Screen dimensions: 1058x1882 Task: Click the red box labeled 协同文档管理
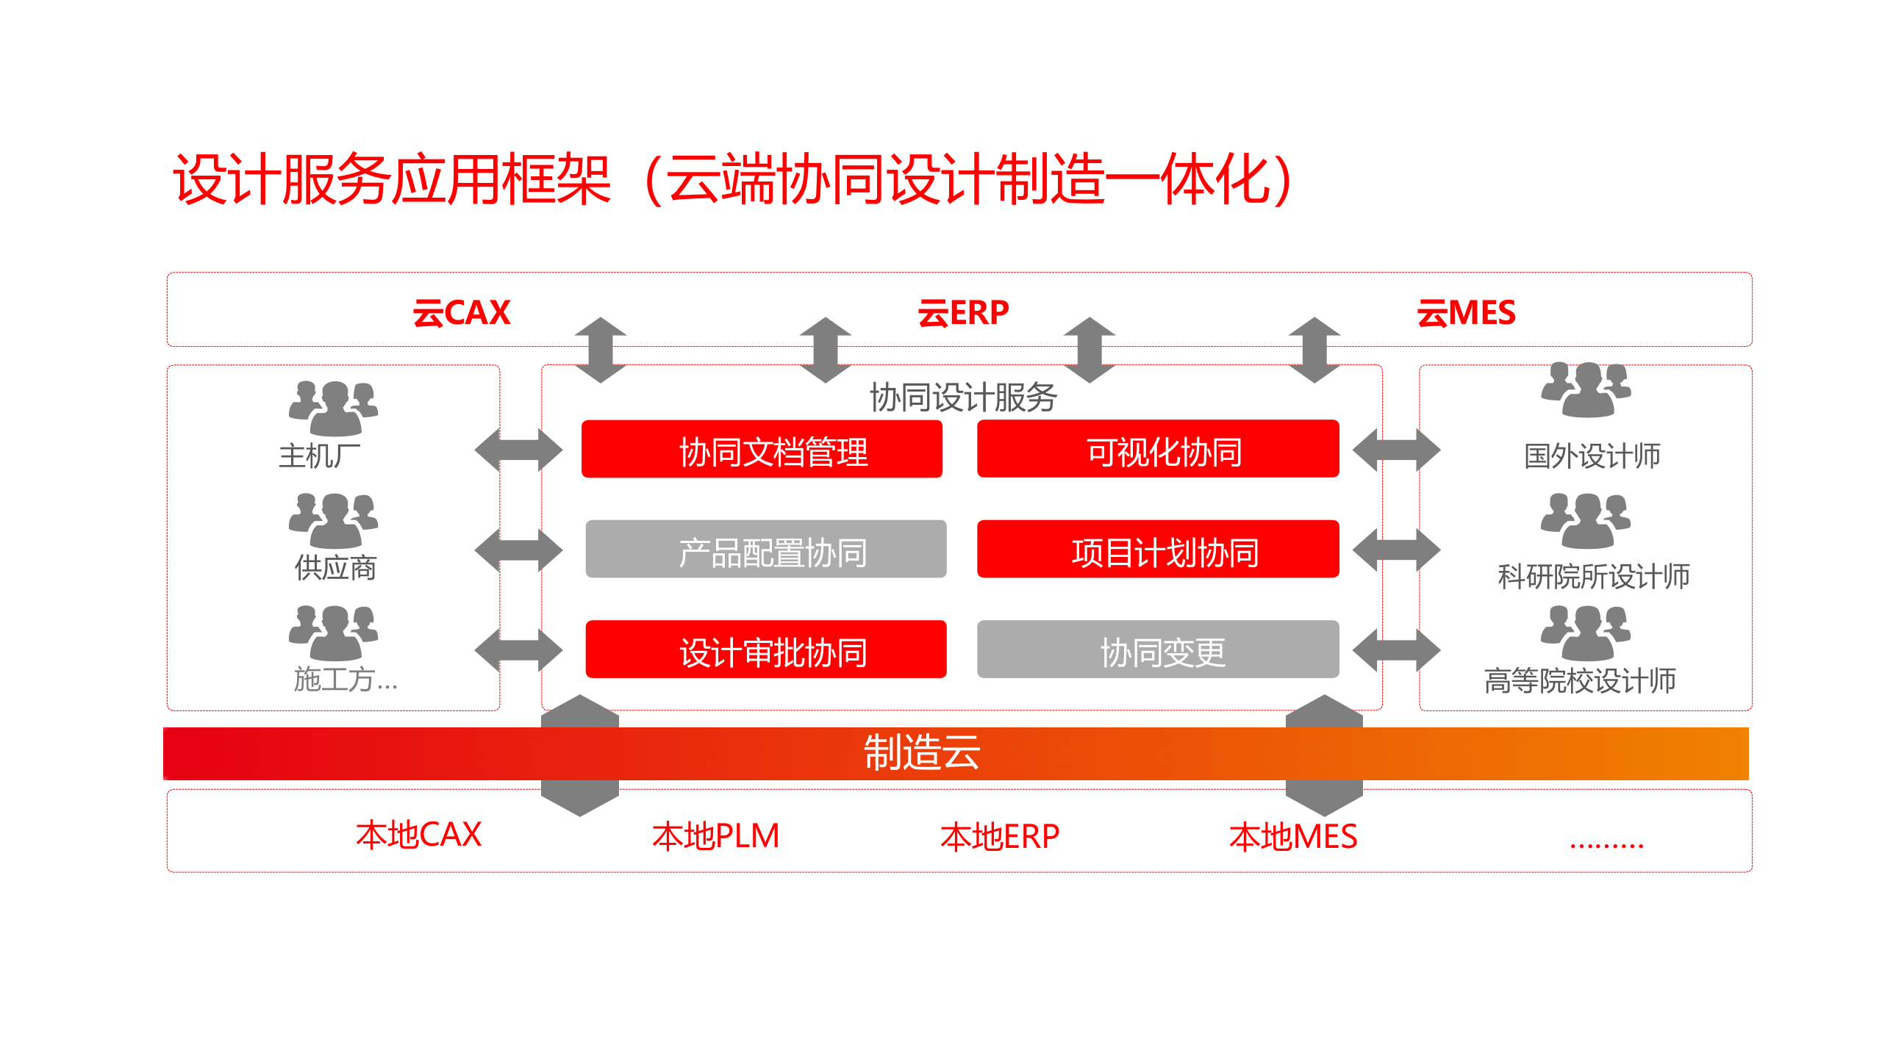click(x=762, y=450)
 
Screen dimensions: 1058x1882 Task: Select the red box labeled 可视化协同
click(x=1158, y=450)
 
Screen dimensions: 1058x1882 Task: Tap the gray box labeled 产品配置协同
click(x=765, y=550)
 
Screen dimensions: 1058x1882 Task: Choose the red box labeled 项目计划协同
click(x=1158, y=550)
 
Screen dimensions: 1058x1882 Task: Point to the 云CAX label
click(x=462, y=313)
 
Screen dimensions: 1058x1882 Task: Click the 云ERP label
click(x=963, y=313)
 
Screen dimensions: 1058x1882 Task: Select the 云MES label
click(x=1466, y=313)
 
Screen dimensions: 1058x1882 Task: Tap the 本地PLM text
click(x=715, y=836)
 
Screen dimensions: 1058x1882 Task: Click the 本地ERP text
click(x=1000, y=836)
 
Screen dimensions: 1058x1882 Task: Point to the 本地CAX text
click(x=418, y=835)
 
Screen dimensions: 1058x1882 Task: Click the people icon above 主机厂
click(x=334, y=409)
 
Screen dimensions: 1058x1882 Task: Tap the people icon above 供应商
click(x=334, y=520)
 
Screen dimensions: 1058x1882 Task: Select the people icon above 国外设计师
click(x=1586, y=389)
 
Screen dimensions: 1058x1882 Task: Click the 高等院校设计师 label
click(x=1580, y=680)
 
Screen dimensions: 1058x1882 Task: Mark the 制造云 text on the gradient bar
click(x=922, y=752)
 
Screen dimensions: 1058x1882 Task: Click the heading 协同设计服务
click(x=963, y=397)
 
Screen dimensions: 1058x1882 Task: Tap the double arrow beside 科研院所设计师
click(x=1396, y=550)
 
